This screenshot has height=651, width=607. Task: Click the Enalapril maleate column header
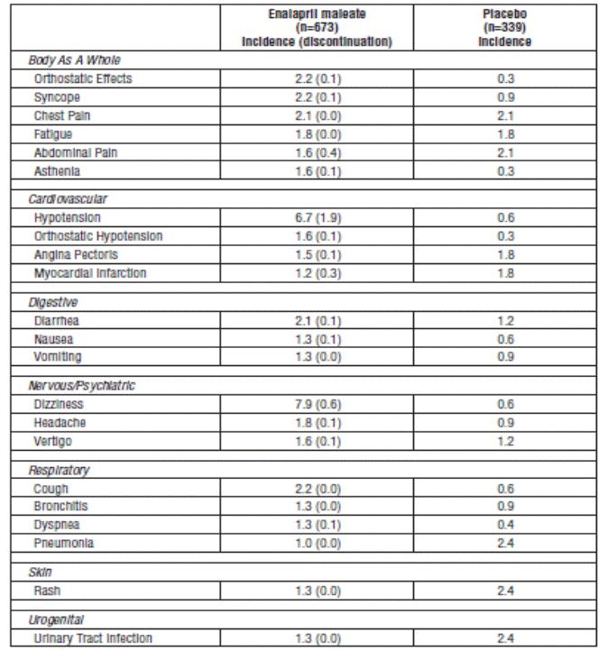click(x=317, y=28)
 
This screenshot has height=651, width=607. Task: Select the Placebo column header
click(x=505, y=28)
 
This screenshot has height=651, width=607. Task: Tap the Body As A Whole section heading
click(x=75, y=60)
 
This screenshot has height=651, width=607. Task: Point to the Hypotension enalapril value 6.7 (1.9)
click(x=317, y=218)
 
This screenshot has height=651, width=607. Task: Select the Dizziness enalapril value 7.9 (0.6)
click(x=317, y=405)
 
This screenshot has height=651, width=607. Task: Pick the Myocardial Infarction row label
click(x=90, y=273)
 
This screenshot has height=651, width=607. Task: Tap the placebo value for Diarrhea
click(x=505, y=321)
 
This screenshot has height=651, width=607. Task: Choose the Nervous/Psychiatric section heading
click(x=82, y=386)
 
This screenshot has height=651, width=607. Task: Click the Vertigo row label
click(x=53, y=442)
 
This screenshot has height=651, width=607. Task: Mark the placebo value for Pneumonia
click(x=505, y=544)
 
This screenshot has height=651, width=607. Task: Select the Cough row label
click(x=51, y=489)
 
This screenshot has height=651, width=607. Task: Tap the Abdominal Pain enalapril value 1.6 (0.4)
click(x=317, y=152)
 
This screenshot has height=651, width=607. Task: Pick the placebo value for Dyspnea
click(x=505, y=525)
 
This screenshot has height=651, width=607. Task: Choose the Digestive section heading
click(x=53, y=302)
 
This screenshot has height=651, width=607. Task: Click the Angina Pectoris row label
click(x=76, y=255)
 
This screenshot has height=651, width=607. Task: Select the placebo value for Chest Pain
click(x=505, y=115)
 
